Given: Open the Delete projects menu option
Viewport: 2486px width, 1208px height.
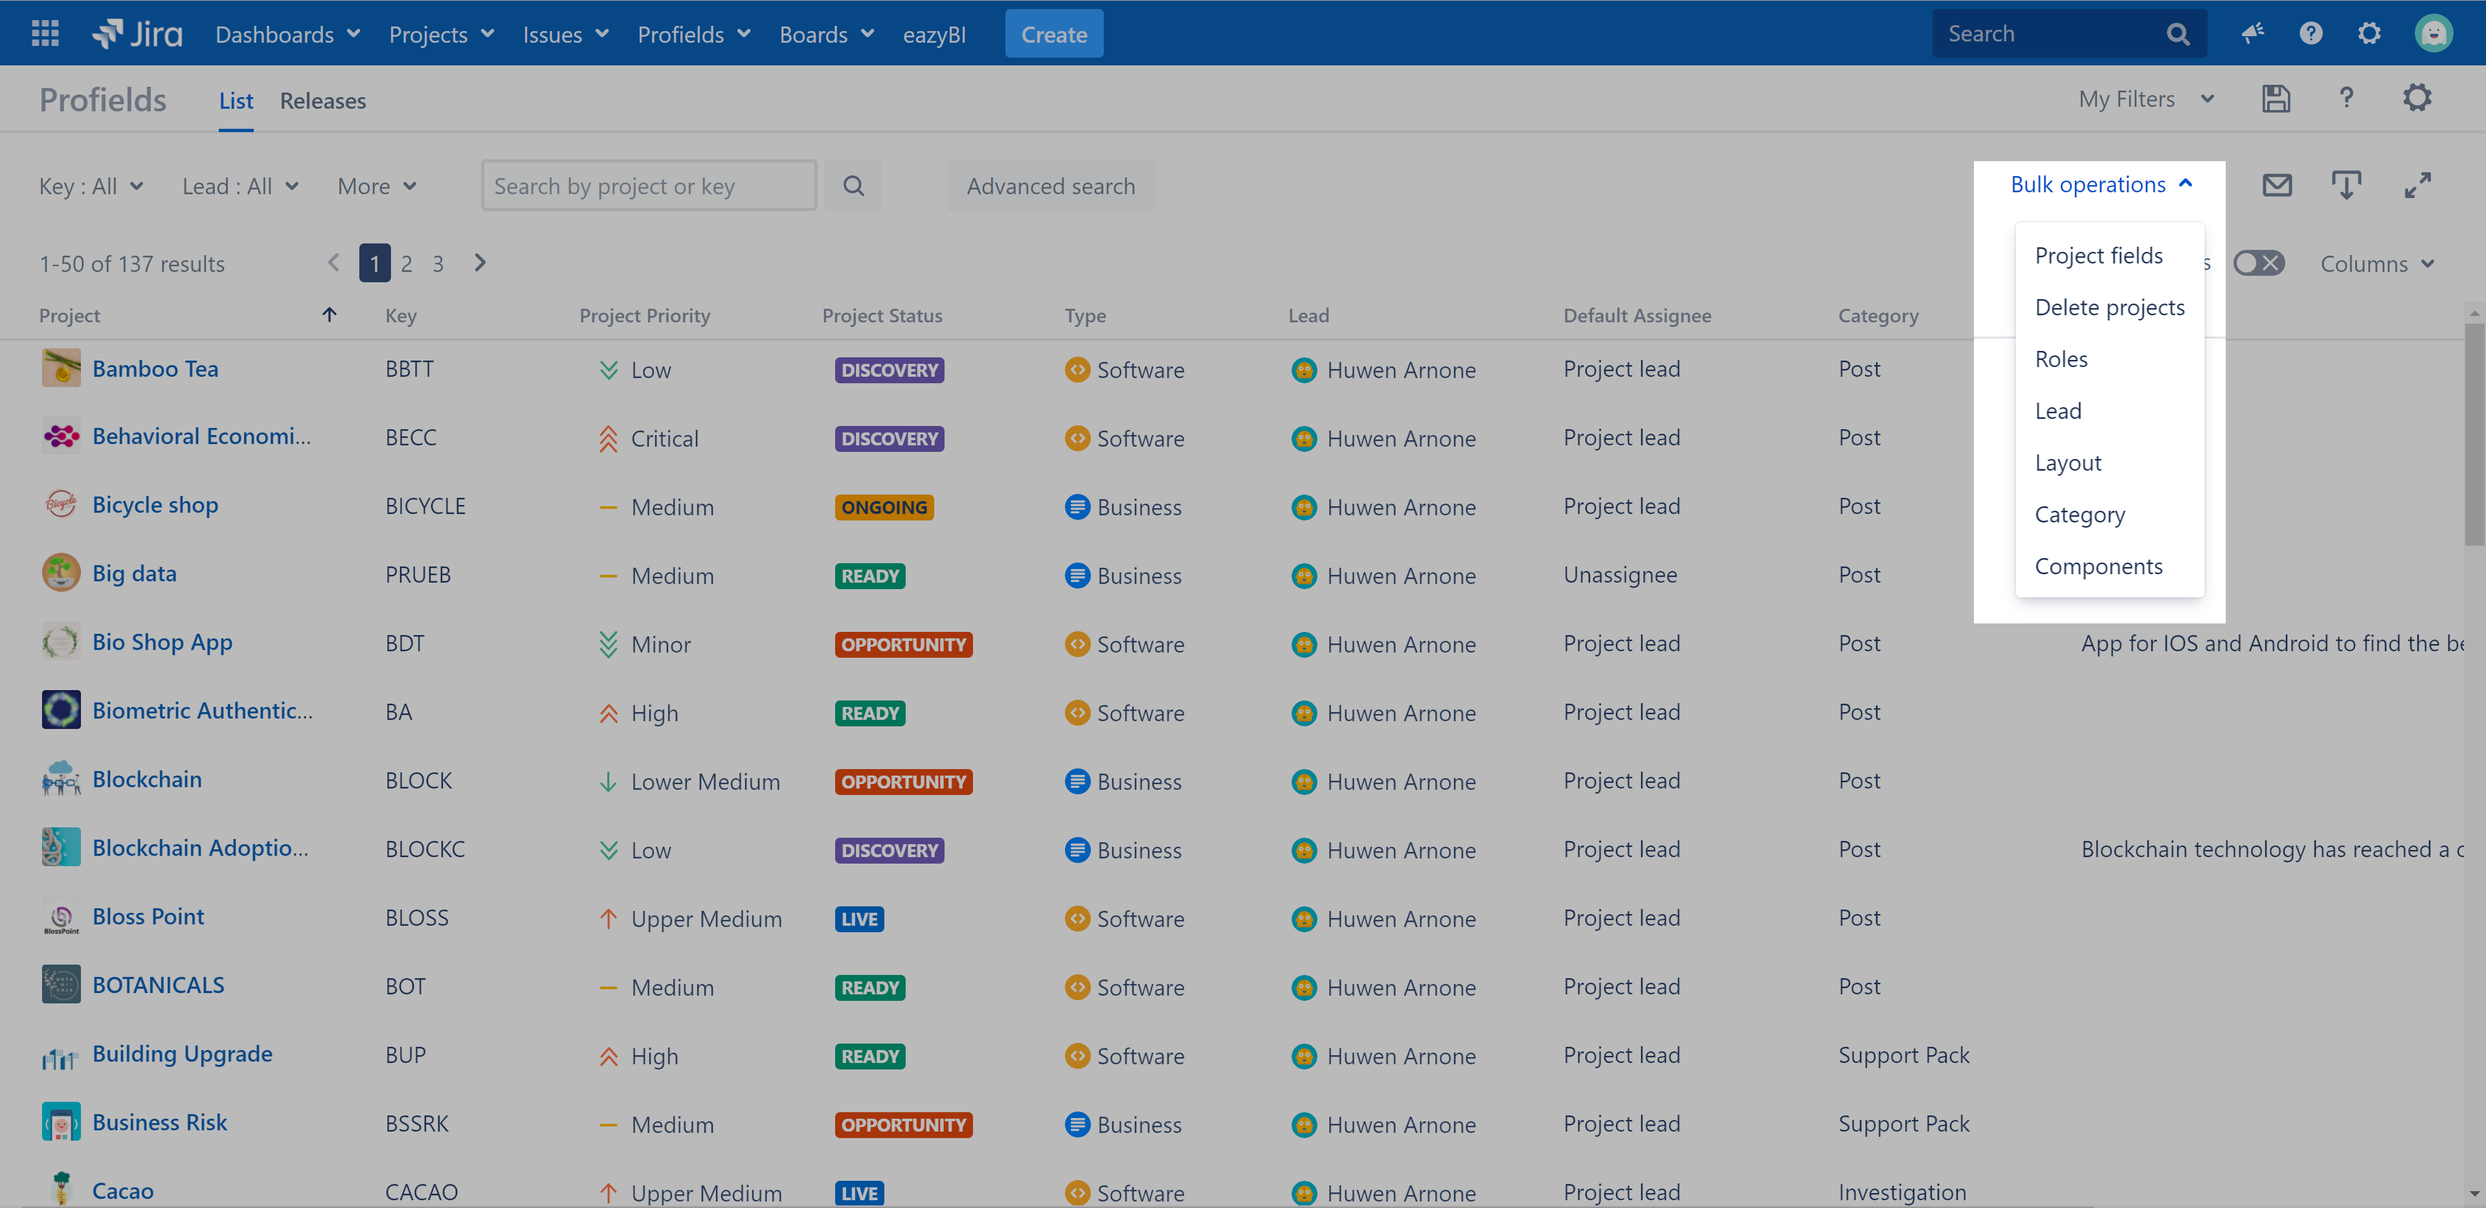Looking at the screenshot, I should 2109,308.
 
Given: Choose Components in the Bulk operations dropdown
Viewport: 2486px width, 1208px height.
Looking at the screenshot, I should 2098,566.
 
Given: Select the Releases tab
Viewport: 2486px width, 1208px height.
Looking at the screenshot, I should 322,100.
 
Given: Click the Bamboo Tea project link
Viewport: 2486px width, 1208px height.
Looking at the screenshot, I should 155,368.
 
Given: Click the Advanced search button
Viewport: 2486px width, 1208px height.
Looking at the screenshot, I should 1050,186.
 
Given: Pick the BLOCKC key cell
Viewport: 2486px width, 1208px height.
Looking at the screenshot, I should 425,849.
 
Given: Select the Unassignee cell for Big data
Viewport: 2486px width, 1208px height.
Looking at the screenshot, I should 1619,575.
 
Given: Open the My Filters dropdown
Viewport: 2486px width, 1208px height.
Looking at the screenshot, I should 2144,100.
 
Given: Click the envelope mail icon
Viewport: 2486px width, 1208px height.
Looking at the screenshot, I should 2277,185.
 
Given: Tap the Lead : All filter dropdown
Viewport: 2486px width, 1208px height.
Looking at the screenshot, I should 240,186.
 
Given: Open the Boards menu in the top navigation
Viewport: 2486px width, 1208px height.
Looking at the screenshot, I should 826,35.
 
